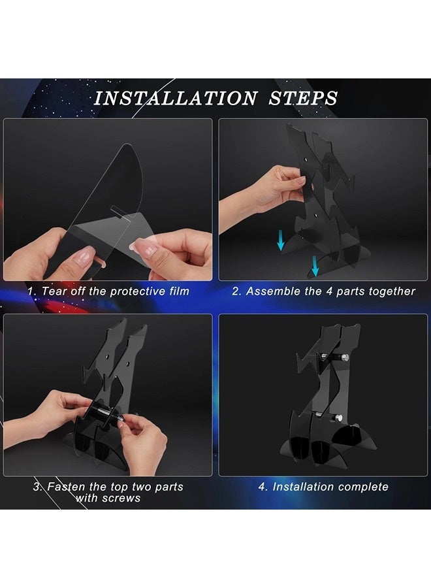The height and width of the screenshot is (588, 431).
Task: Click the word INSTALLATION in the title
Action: [175, 98]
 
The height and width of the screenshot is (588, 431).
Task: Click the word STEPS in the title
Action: [303, 98]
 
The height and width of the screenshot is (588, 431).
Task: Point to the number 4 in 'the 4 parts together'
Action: [329, 291]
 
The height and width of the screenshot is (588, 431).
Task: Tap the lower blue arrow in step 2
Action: [315, 266]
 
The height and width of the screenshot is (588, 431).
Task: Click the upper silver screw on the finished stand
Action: [344, 357]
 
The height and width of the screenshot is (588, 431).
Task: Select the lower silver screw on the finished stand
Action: [339, 417]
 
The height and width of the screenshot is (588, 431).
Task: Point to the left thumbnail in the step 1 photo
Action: [87, 256]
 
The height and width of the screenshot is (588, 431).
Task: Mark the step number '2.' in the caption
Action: [236, 291]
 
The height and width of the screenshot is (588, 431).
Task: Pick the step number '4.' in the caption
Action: [263, 487]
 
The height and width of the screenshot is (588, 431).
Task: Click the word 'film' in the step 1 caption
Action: [179, 291]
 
